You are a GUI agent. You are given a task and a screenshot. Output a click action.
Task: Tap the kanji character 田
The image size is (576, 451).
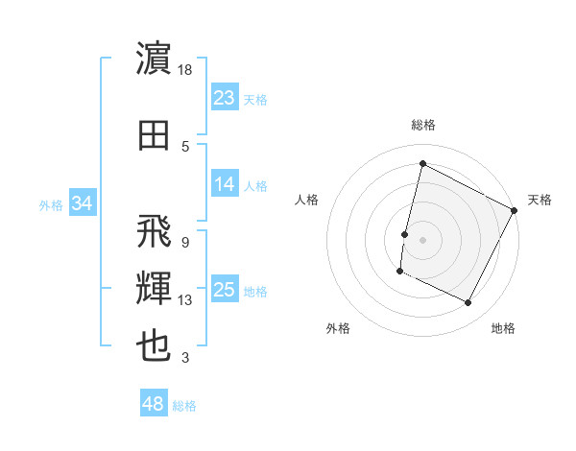(x=155, y=135)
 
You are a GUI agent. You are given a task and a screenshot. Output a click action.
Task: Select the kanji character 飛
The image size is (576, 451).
(x=155, y=231)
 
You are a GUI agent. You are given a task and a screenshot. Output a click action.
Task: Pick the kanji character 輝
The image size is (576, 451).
(x=155, y=289)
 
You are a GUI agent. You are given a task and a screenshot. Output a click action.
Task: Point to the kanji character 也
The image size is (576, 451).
(x=155, y=346)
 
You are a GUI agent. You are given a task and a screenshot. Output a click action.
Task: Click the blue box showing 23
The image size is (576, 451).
(x=224, y=97)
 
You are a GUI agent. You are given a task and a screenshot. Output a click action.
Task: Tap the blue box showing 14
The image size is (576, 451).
(x=224, y=184)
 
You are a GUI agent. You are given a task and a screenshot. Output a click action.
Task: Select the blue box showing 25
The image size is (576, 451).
(x=224, y=290)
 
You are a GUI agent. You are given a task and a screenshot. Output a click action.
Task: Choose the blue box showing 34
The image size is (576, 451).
(x=82, y=203)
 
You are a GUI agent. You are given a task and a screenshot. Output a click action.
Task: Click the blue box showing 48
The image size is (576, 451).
(x=154, y=404)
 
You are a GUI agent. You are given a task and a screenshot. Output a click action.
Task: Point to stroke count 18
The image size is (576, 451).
(x=186, y=69)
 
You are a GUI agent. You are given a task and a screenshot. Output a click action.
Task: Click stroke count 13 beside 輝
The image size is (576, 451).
(x=185, y=300)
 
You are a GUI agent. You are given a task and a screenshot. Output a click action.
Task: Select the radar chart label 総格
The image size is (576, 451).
(x=422, y=125)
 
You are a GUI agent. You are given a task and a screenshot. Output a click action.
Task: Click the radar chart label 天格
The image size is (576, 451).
(x=540, y=200)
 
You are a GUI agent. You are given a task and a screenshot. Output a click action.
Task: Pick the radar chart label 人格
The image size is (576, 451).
(x=307, y=200)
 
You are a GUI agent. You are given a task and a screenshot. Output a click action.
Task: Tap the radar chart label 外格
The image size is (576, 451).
(x=338, y=328)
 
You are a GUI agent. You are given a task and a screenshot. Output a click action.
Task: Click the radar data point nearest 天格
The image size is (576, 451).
(x=515, y=209)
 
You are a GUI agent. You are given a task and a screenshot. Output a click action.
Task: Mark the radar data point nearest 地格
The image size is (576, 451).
(x=468, y=303)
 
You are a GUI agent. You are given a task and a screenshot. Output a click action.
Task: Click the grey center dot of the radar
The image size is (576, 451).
(x=422, y=239)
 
